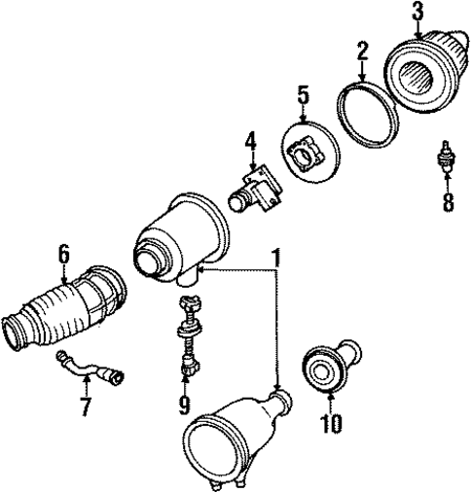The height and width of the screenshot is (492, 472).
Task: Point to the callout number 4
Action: [x=250, y=143]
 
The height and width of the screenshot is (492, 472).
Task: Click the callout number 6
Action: [x=64, y=254]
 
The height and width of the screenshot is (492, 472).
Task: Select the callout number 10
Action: [x=332, y=423]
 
